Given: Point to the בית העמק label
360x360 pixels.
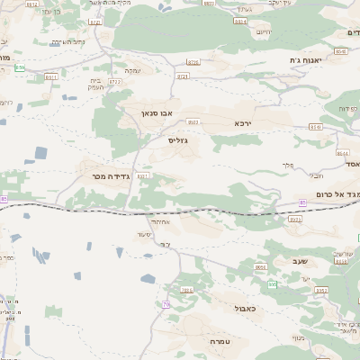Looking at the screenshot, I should click(97, 85).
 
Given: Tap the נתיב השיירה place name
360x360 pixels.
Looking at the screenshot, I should click(67, 41).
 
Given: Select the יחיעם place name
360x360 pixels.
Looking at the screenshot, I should click(263, 32).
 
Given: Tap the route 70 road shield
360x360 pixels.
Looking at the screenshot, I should click(166, 305).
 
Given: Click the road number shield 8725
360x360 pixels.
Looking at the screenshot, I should click(193, 63).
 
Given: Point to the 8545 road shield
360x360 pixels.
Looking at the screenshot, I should click(340, 52).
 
